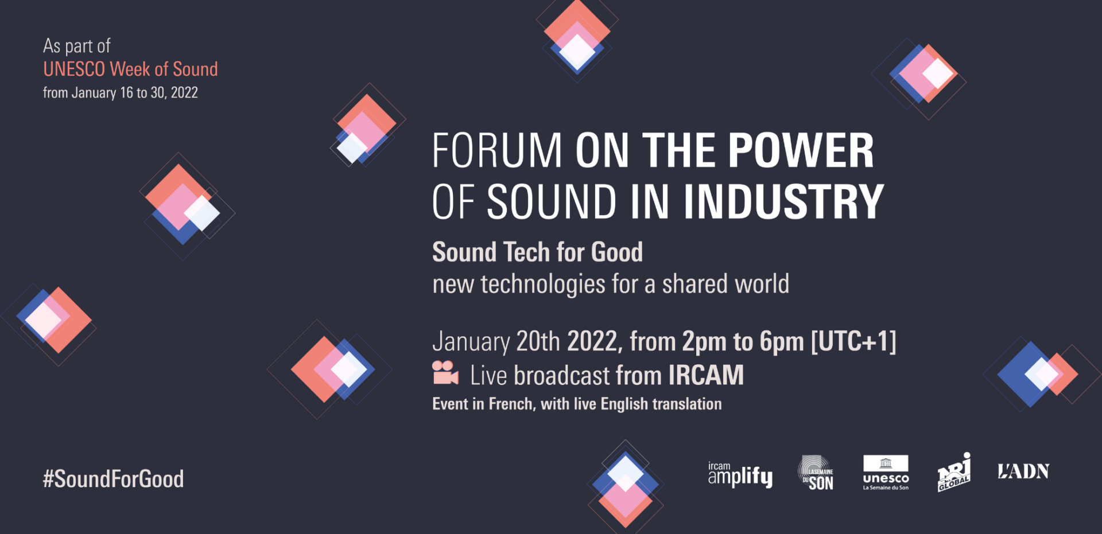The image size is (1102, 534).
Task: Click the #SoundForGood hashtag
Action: click(x=113, y=479)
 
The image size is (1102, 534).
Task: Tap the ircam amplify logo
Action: click(x=740, y=475)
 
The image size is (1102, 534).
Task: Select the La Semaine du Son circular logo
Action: click(x=816, y=473)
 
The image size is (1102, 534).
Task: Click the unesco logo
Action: click(x=886, y=473)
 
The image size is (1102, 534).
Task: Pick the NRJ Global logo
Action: click(x=954, y=472)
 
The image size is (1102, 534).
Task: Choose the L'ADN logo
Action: click(x=1023, y=471)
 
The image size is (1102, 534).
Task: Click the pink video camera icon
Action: click(x=445, y=373)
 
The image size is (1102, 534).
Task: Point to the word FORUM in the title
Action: click(x=497, y=150)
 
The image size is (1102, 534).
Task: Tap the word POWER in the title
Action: click(x=801, y=150)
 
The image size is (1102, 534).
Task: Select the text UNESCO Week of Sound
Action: click(x=130, y=69)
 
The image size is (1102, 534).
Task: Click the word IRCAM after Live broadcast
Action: click(x=706, y=375)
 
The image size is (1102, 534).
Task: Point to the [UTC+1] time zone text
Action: click(x=853, y=341)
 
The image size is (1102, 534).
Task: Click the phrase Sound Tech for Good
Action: click(x=537, y=252)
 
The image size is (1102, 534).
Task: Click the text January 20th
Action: click(x=496, y=341)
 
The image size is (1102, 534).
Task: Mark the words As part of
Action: click(x=77, y=46)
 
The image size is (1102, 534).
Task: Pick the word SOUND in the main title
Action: click(x=552, y=201)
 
